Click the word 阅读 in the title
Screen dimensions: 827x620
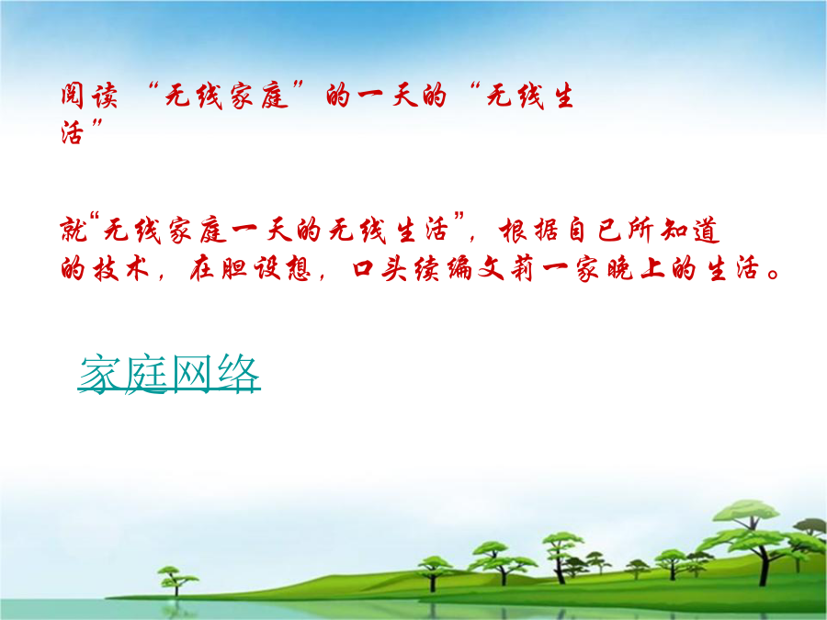(88, 96)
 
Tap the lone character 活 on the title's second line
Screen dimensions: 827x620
(73, 131)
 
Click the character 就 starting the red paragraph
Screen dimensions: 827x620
(74, 231)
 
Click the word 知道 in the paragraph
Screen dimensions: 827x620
(690, 231)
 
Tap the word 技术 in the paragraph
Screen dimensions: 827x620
(120, 269)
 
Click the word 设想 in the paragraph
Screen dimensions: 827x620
(282, 269)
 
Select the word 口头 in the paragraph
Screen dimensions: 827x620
(380, 269)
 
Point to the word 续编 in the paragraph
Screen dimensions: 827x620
(443, 269)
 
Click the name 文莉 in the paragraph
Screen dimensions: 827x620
(507, 269)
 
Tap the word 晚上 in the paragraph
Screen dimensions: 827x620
(637, 269)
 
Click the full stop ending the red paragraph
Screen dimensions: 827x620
(773, 274)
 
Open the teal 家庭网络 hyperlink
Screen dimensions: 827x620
(169, 374)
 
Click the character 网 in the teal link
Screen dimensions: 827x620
(192, 374)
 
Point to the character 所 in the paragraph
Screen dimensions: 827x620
(640, 231)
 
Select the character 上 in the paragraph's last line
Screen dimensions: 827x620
(652, 269)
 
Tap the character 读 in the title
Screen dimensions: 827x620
(104, 96)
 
